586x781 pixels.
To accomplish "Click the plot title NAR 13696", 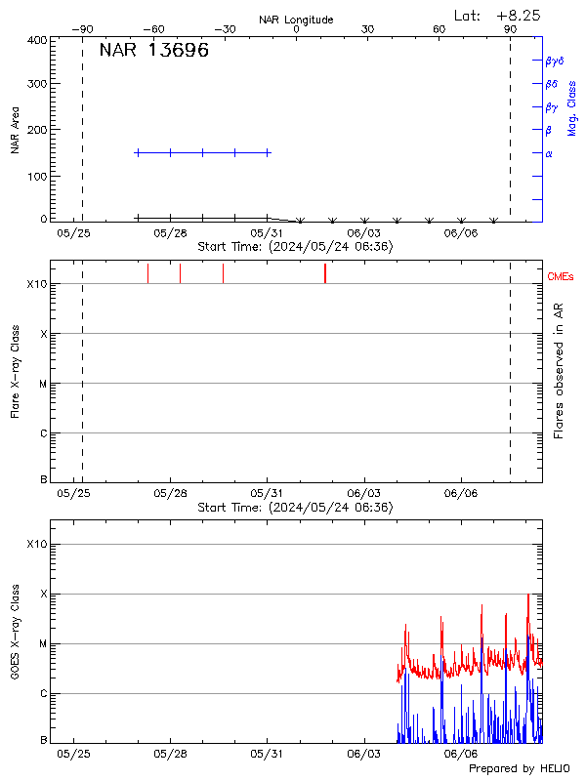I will [154, 52].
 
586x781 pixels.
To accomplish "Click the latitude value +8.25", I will [519, 15].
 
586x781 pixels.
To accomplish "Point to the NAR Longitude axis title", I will [296, 20].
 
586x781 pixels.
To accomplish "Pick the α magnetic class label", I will [549, 153].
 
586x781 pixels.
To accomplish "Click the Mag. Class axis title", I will [571, 107].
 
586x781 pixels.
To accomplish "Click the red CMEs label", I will [562, 277].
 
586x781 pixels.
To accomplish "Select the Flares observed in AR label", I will [559, 370].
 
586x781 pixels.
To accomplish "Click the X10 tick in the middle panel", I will [37, 284].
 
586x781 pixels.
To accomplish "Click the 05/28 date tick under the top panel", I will [170, 234].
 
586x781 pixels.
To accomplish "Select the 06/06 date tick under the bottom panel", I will [460, 754].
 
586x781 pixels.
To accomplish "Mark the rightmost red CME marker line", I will [325, 273].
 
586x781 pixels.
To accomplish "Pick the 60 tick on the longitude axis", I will [439, 29].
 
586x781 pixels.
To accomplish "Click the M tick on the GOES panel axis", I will [43, 644].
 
